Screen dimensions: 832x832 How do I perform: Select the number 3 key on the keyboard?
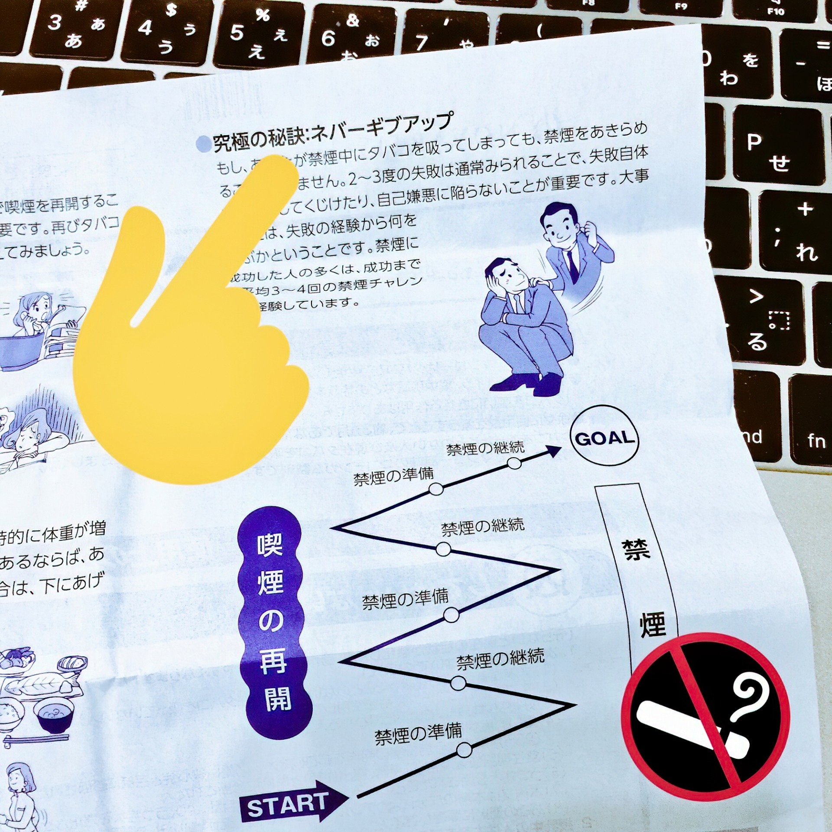(65, 30)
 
